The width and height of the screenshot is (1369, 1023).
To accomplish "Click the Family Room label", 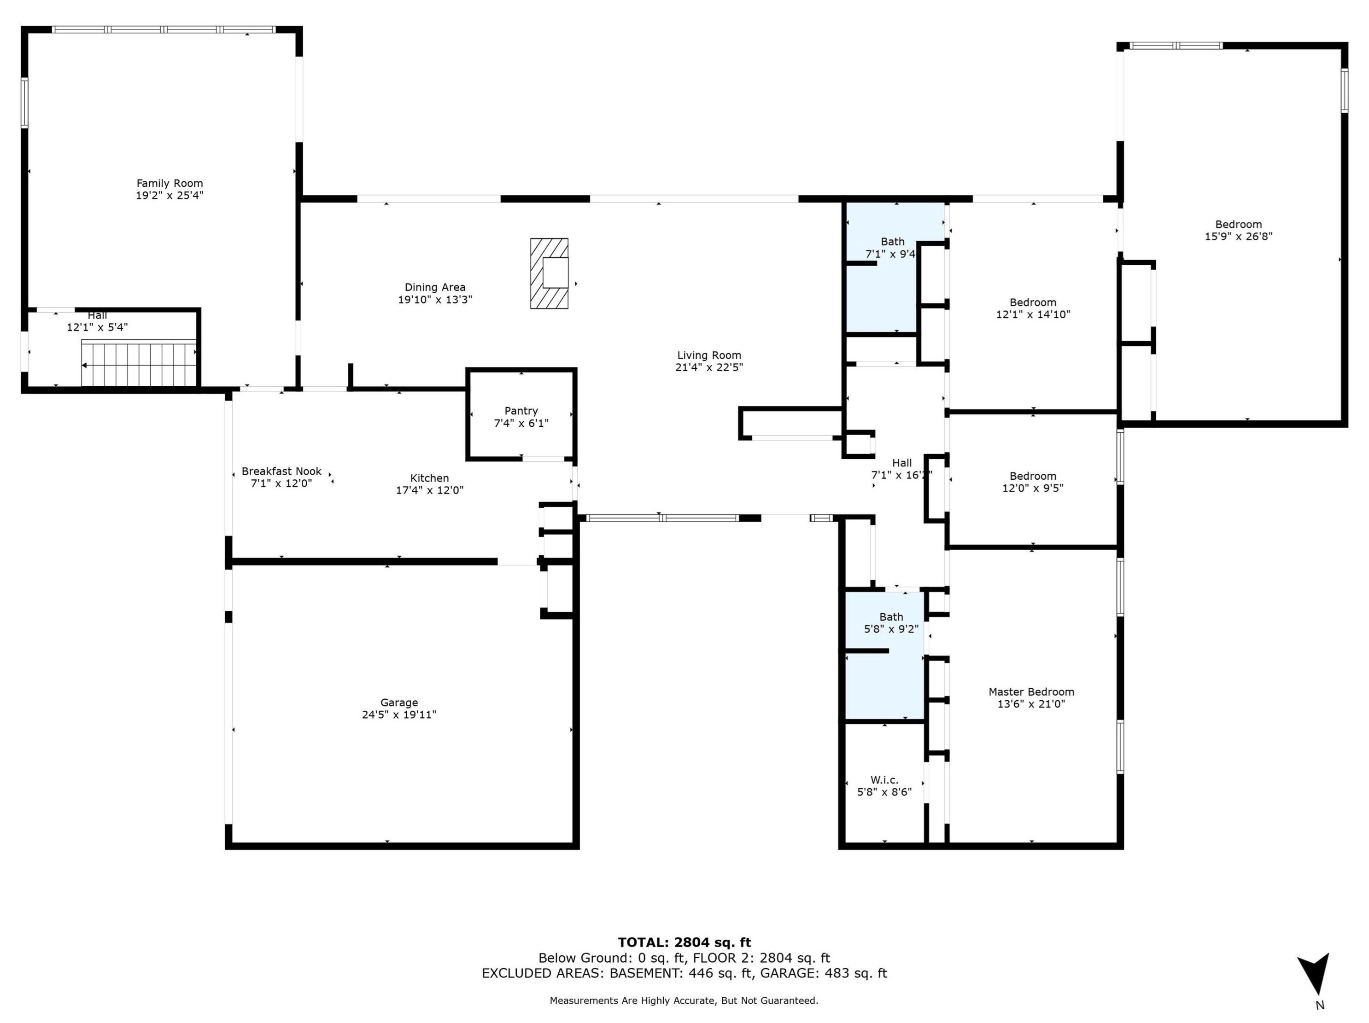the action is click(x=170, y=183).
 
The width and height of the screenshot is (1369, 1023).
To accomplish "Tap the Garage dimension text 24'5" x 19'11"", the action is click(x=399, y=715).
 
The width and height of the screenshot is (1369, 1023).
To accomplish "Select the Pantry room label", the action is click(x=521, y=411).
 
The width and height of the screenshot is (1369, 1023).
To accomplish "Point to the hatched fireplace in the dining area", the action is click(x=549, y=273).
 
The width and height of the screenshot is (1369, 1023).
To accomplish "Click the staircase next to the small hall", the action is click(x=139, y=364).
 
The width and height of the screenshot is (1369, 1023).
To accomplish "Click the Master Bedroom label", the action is click(x=1031, y=692).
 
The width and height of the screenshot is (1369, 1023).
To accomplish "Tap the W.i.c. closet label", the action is click(x=884, y=780).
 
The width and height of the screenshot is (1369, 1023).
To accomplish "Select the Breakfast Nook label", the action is click(x=281, y=471).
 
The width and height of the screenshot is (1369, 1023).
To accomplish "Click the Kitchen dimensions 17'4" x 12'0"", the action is click(x=429, y=490).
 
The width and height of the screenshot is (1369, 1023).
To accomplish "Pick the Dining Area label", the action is click(x=435, y=287).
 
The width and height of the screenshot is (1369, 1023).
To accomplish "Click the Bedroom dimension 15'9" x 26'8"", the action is click(x=1239, y=236).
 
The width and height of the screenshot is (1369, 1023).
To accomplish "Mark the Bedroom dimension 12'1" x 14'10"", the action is click(x=1033, y=314).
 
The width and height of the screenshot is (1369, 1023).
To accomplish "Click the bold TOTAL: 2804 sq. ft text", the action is click(x=684, y=942).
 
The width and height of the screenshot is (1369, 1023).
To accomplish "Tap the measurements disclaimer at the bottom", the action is click(x=684, y=1000).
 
